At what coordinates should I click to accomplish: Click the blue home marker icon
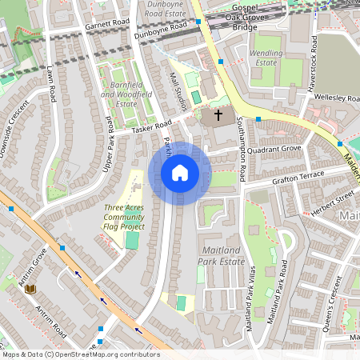(x=180, y=173)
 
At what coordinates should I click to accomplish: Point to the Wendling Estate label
(x=268, y=57)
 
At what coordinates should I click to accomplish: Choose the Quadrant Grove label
(x=274, y=150)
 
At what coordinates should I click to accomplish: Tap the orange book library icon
(x=31, y=289)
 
